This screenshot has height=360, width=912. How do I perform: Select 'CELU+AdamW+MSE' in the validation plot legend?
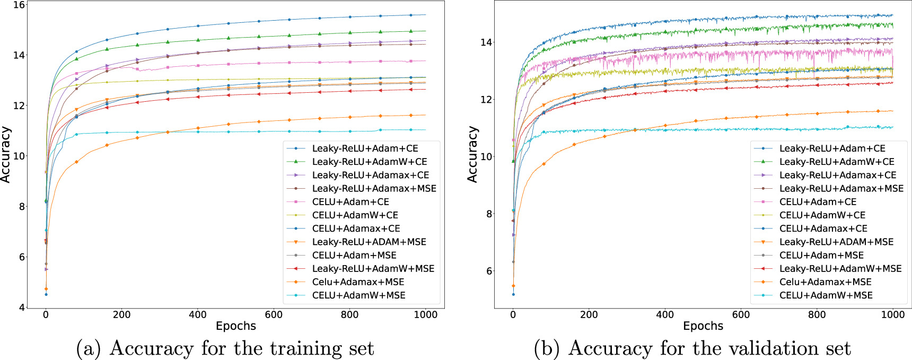pos(826,295)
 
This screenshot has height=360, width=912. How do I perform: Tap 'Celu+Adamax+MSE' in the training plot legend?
pos(358,282)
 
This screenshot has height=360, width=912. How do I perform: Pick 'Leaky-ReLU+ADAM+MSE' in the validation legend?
pos(836,242)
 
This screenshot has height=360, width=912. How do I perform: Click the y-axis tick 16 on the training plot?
pos(19,5)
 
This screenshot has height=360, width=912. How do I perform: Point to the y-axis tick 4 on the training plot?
pos(22,308)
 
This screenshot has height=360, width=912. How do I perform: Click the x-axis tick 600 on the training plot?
pos(274,314)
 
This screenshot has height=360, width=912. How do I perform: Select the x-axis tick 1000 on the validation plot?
pos(893,314)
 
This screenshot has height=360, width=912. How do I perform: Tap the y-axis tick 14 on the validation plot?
pos(486,42)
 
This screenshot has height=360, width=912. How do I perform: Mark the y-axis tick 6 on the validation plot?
pos(489,271)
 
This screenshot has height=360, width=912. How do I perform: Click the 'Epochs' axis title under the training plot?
pos(236,326)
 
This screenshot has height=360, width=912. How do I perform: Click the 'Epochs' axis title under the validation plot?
pos(703,326)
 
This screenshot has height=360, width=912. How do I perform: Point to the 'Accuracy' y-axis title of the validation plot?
pos(472,154)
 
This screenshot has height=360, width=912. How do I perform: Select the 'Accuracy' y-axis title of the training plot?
pos(5,154)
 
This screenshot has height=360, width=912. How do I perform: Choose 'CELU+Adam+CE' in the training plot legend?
pos(350,202)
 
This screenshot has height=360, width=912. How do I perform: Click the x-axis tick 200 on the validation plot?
pos(589,314)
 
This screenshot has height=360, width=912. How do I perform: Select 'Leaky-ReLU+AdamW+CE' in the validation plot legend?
pos(837,162)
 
